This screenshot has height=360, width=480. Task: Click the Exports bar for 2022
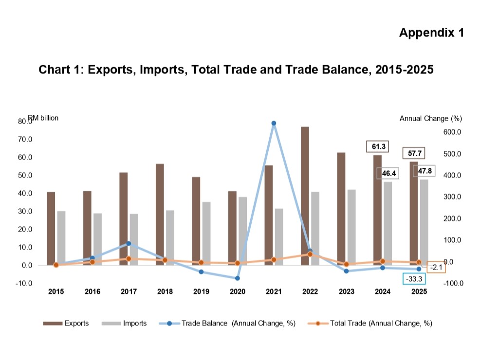305,196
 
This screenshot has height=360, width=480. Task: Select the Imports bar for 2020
243,231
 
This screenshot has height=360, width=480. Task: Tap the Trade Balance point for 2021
274,123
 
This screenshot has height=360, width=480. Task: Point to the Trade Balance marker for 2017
129,243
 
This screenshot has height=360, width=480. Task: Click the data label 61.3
378,146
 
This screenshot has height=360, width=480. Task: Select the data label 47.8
425,171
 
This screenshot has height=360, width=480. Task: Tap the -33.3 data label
414,279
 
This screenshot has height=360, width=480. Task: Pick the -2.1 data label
436,267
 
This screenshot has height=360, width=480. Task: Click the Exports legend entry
66,324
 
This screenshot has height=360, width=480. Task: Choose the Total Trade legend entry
370,324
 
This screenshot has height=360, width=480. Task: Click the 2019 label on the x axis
201,291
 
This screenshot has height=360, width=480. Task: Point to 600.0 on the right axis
452,132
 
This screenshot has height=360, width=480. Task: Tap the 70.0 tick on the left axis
25,140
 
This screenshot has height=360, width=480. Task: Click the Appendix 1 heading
432,33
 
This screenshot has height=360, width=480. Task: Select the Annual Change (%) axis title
431,118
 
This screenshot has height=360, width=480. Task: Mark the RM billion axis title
43,118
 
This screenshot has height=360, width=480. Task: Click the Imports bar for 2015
61,238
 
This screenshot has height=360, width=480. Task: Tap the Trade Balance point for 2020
237,278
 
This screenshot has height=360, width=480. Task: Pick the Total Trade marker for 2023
346,264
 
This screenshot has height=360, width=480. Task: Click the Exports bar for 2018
160,215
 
